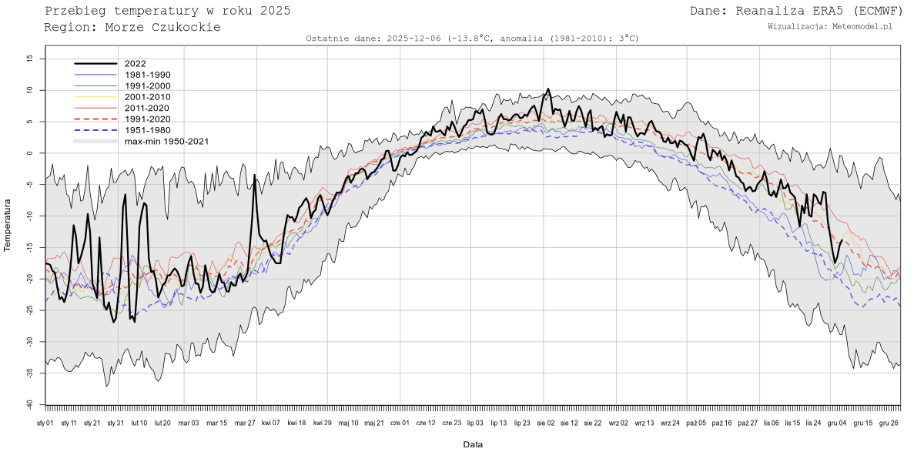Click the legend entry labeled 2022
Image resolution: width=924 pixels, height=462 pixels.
pyautogui.click(x=135, y=64)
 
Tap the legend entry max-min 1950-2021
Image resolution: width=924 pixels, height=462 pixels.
pyautogui.click(x=166, y=142)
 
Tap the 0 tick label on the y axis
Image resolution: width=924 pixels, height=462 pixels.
pyautogui.click(x=30, y=153)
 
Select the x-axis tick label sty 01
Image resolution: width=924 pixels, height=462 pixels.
pyautogui.click(x=45, y=423)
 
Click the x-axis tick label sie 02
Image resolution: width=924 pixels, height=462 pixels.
pyautogui.click(x=546, y=423)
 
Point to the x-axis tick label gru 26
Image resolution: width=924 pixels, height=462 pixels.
pyautogui.click(x=889, y=423)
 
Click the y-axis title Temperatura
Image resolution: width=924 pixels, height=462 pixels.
pyautogui.click(x=8, y=225)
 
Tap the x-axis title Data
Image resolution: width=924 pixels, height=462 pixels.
pyautogui.click(x=473, y=444)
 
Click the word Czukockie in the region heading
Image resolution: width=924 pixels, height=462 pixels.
pyautogui.click(x=187, y=27)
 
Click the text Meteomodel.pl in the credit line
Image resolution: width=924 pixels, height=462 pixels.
pyautogui.click(x=861, y=26)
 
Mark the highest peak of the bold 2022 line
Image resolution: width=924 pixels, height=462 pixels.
pyautogui.click(x=547, y=89)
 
